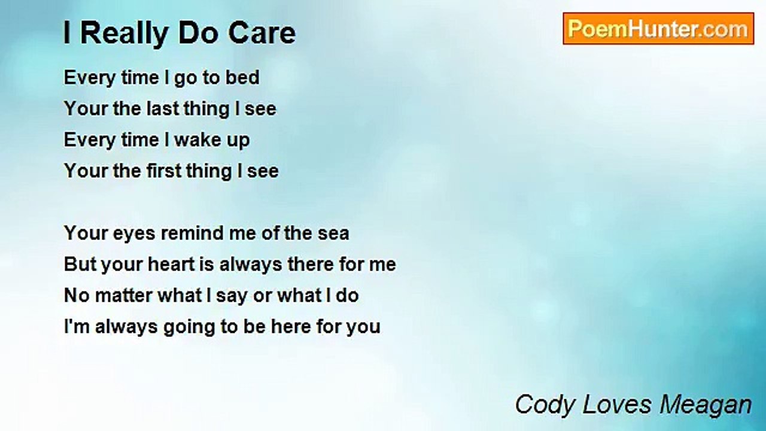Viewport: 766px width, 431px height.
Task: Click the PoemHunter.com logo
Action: coord(658,29)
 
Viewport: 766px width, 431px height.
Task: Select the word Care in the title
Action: coord(269,34)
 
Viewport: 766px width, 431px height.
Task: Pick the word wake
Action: coord(196,140)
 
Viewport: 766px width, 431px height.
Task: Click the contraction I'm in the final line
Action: coord(76,327)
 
